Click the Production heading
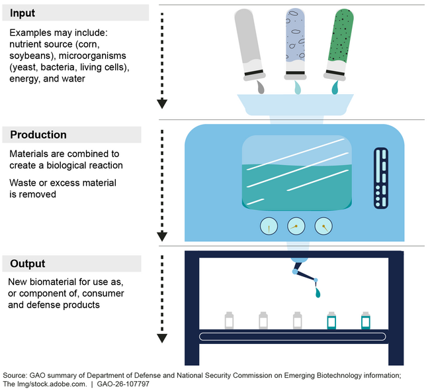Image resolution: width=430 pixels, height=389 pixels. [x=38, y=135]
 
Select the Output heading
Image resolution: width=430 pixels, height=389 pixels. [x=28, y=264]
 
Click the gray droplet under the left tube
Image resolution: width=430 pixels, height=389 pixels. [x=261, y=87]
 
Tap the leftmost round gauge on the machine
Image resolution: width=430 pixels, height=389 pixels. [x=269, y=227]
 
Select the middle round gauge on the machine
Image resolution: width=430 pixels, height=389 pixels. [x=296, y=227]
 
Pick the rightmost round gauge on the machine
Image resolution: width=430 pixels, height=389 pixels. [x=323, y=227]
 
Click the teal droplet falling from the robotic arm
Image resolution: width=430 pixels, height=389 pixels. [x=319, y=292]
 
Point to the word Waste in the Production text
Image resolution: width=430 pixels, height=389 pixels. [x=24, y=183]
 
